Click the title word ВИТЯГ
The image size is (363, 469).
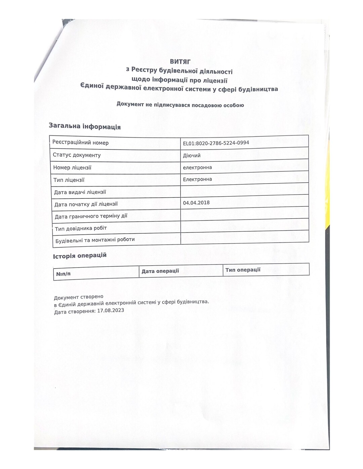(180, 62)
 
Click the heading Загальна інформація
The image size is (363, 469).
(85, 126)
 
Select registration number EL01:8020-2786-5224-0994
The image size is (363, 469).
(216, 143)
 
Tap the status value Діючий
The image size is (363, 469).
(192, 155)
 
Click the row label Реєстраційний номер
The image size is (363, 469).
(81, 143)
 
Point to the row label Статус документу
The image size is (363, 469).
(77, 155)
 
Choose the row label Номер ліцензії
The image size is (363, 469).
(72, 168)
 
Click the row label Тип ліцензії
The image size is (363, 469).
(69, 180)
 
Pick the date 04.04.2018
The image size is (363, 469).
(196, 202)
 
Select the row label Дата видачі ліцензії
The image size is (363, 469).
(80, 192)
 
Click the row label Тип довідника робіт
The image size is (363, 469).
(81, 228)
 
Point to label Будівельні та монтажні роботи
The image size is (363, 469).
(95, 240)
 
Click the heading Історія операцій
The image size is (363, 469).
(80, 255)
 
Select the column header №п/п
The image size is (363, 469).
(63, 274)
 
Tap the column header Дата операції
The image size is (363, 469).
(160, 271)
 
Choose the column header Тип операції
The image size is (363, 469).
(243, 270)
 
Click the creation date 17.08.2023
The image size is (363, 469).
(111, 311)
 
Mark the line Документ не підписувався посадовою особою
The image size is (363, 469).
(180, 105)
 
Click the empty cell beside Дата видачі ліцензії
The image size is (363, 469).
(244, 191)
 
